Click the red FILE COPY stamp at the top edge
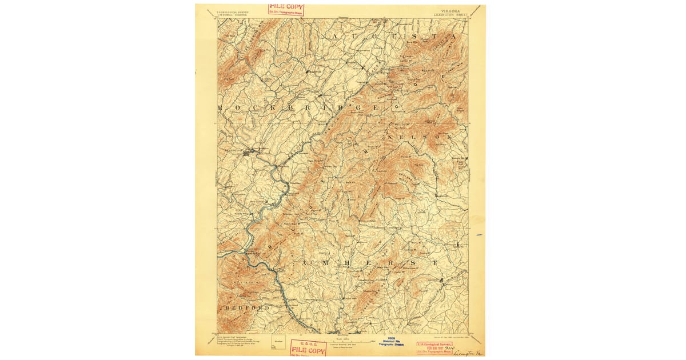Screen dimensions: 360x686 tap(286, 9)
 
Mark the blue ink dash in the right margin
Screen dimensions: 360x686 tap(479, 235)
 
